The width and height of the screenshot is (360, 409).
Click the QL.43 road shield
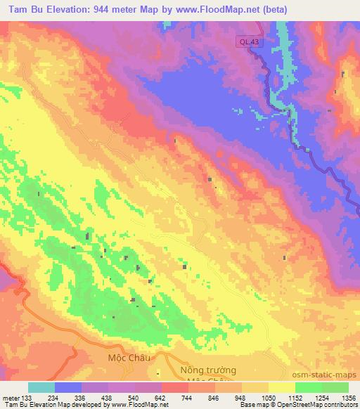pos(247,42)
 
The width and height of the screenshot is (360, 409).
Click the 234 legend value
pos(53,398)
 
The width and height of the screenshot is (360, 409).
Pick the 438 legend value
pos(107,398)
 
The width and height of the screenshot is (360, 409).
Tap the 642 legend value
pos(161,398)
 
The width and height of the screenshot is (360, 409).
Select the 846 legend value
pos(214,398)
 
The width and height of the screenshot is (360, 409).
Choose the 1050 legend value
pos(268,398)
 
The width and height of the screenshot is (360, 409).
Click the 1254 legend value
pos(321,398)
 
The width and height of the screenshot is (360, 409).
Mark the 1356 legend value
pos(348,398)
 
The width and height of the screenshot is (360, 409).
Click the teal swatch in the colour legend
pos(41,387)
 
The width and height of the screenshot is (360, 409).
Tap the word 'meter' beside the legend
pos(11,398)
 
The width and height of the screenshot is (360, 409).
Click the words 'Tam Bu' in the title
pos(23,8)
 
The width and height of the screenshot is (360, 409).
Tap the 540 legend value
pos(134,398)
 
